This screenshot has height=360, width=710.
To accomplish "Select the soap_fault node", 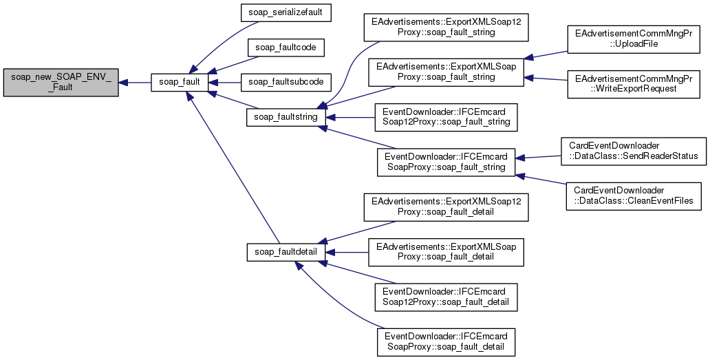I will point(180,83).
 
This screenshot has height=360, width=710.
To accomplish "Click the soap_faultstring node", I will point(286,117).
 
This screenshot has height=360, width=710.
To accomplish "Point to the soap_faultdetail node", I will point(286,252).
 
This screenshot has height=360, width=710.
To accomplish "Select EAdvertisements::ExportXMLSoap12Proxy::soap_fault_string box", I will point(446,27).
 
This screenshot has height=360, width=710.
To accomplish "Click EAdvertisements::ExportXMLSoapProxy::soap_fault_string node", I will point(446,72).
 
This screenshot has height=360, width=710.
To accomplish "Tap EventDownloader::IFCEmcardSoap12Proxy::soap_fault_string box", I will point(446,117).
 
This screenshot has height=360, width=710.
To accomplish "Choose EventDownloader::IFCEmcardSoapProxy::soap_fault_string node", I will point(446,162).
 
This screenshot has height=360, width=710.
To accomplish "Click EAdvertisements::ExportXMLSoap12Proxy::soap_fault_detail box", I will point(446,207).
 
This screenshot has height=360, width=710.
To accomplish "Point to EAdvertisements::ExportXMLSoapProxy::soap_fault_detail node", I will point(446,252).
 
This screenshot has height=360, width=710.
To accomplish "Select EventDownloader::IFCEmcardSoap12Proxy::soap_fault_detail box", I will point(446,297).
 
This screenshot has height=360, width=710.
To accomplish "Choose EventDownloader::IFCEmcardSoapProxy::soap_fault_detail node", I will point(446,341).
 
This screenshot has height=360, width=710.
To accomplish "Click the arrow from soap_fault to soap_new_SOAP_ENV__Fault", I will point(134,83).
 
